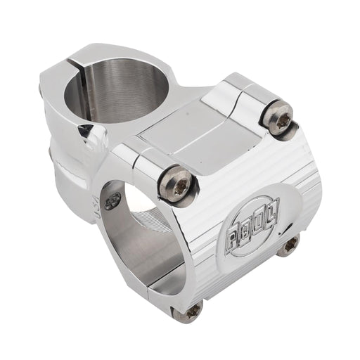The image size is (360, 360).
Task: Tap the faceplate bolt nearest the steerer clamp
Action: click(176, 183)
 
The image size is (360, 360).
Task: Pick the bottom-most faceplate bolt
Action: click(190, 310)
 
